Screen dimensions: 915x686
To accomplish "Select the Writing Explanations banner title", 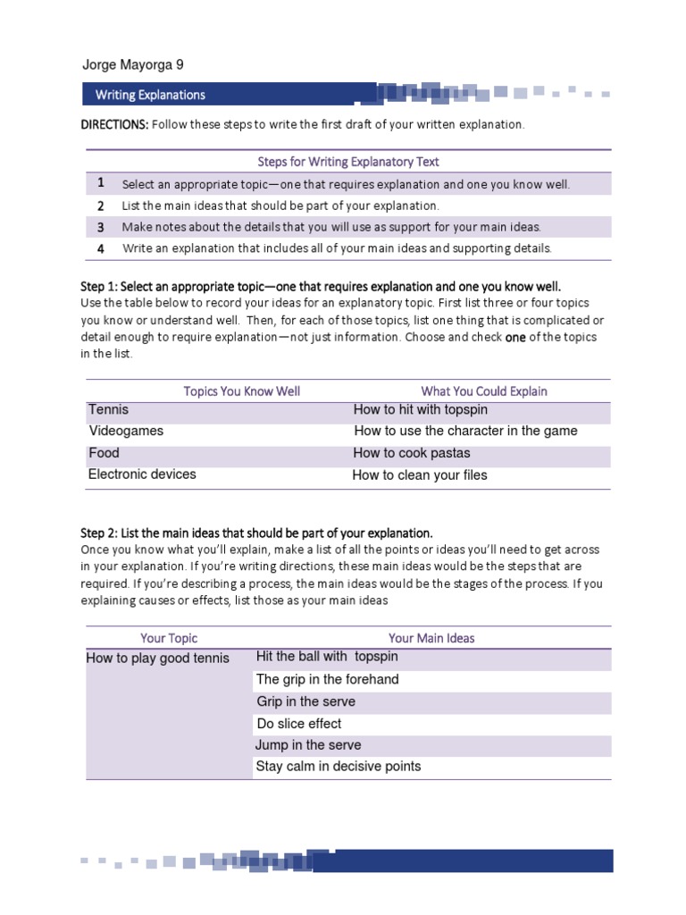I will [150, 95].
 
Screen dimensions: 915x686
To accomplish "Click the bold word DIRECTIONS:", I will [114, 124].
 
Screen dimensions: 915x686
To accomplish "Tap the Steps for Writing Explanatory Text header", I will [348, 162].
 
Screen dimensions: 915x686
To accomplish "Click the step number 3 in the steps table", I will [101, 227].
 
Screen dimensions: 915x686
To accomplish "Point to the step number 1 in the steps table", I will [101, 183].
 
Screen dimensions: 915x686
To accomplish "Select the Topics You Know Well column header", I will [242, 390].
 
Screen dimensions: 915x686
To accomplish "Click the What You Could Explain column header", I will [484, 390].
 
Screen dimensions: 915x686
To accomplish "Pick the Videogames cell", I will [126, 431].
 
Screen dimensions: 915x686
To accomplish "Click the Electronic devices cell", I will [142, 474].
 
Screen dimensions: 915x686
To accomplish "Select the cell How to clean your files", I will [420, 475].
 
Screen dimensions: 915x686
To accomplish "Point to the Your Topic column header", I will [169, 638].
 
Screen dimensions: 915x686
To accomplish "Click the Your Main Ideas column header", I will [431, 638].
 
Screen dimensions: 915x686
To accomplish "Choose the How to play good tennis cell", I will [157, 659].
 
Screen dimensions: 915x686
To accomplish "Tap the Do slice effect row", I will [299, 724].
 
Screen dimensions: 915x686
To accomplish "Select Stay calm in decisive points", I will [339, 767].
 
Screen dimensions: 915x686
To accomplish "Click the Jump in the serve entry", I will [308, 745].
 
